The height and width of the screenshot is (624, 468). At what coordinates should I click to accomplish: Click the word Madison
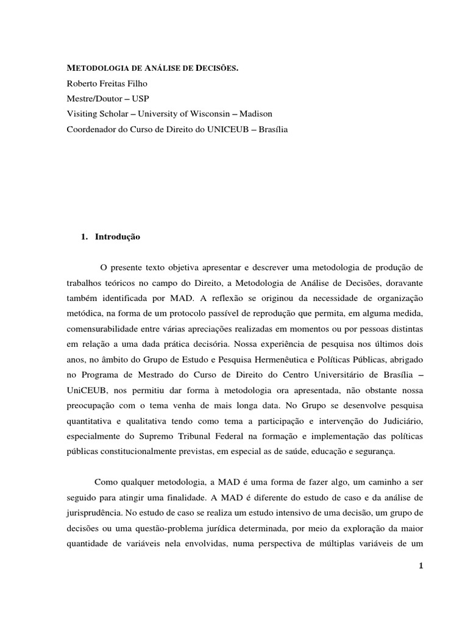256,114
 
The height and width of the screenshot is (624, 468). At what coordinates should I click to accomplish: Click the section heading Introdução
118,237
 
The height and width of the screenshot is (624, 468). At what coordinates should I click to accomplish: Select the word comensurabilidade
107,328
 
